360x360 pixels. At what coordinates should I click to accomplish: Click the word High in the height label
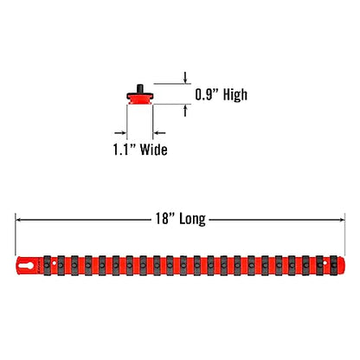tap(235, 95)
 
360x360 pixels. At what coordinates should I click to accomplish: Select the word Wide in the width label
tap(153, 150)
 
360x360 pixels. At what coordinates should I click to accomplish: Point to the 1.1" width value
tap(124, 149)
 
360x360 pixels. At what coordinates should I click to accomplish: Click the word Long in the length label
tap(192, 219)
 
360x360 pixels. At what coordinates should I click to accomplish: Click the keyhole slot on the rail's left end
tap(27, 266)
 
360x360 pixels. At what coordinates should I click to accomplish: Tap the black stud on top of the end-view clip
tap(140, 87)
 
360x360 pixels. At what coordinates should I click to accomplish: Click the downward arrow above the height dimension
tap(185, 77)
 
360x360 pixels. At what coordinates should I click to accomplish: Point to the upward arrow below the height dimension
tap(185, 111)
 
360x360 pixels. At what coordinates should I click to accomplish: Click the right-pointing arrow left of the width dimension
tap(120, 132)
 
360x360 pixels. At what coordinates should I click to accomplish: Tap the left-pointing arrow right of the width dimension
tap(159, 132)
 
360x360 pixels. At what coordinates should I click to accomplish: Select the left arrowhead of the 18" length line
tap(18, 220)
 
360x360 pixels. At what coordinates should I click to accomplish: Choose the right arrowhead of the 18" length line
tap(342, 220)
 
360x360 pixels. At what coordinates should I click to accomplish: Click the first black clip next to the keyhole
tap(47, 266)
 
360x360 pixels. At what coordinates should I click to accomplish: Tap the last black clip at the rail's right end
tap(334, 266)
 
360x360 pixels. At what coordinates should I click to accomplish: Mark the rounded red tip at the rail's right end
tap(341, 266)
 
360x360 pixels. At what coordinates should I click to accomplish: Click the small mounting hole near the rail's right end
tap(325, 263)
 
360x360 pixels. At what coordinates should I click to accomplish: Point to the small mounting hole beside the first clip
tap(54, 263)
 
